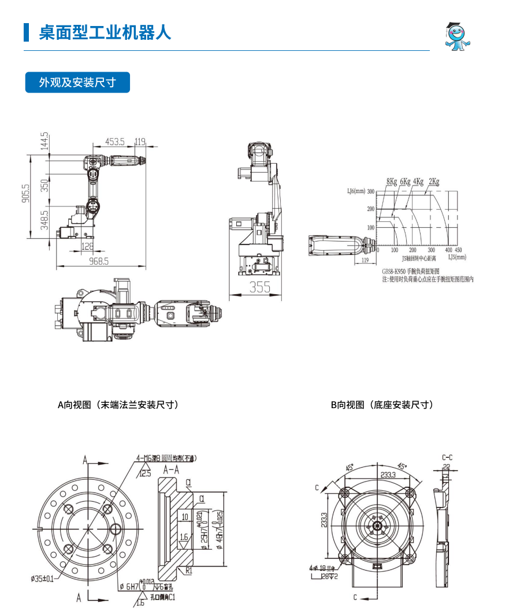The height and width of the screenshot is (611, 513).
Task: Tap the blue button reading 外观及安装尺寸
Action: pyautogui.click(x=77, y=83)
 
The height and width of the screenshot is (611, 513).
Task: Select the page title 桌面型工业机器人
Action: pyautogui.click(x=105, y=32)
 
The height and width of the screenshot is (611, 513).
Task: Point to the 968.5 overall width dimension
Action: pyautogui.click(x=99, y=261)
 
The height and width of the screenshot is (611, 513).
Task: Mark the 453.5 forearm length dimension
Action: pyautogui.click(x=115, y=142)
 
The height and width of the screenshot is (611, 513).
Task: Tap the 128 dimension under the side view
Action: pyautogui.click(x=87, y=246)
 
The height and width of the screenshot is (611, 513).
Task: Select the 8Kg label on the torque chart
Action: pyautogui.click(x=392, y=182)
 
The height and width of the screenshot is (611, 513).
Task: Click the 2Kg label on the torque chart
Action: pyautogui.click(x=434, y=182)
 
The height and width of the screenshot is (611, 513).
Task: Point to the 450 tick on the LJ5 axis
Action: pyautogui.click(x=458, y=250)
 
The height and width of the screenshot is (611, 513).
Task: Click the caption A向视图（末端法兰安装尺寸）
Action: pyautogui.click(x=118, y=405)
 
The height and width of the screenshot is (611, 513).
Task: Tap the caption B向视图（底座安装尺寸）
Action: pyautogui.click(x=382, y=405)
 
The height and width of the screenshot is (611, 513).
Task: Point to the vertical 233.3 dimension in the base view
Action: pyautogui.click(x=324, y=525)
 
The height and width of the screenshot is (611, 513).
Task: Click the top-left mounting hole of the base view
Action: pyautogui.click(x=345, y=492)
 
